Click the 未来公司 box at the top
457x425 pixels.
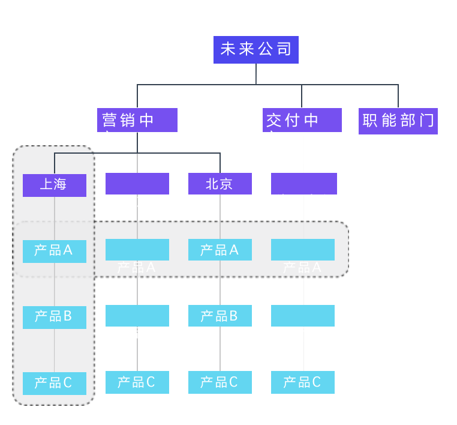tap(256, 49)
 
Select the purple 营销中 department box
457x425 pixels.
tap(137, 120)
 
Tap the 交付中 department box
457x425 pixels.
tap(302, 120)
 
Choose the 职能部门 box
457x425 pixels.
tap(398, 121)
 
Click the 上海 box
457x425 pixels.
tap(55, 185)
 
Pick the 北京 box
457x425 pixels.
tap(220, 184)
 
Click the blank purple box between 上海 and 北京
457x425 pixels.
tap(137, 184)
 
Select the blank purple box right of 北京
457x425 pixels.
tap(304, 184)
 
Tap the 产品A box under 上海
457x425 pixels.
tap(55, 251)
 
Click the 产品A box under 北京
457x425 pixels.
tap(220, 250)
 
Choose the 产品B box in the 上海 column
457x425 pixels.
tap(55, 317)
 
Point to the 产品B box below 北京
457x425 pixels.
tap(220, 316)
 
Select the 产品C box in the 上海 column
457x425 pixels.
tap(55, 383)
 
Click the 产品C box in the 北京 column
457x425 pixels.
tap(220, 382)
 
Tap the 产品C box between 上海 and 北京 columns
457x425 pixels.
tap(137, 382)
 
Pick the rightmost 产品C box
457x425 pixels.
tap(303, 382)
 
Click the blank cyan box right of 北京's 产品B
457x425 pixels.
tap(303, 316)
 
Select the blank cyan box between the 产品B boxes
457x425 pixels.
tap(137, 316)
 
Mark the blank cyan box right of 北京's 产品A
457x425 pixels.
tap(303, 250)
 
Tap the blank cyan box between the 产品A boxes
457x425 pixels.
tap(137, 250)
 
